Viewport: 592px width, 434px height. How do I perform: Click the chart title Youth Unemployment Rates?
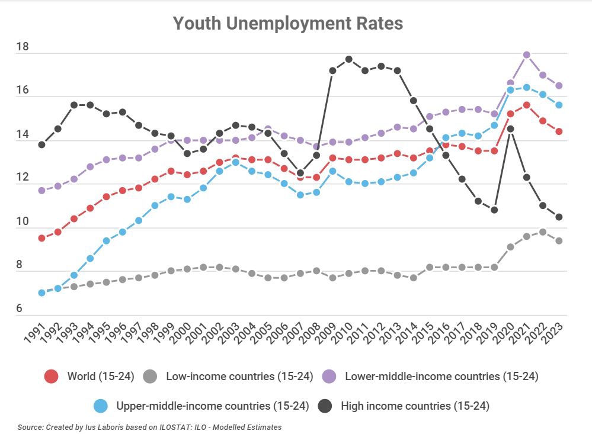pyautogui.click(x=288, y=24)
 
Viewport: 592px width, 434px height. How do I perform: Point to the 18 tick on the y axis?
pyautogui.click(x=23, y=47)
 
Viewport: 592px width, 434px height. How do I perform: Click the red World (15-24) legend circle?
pyautogui.click(x=52, y=376)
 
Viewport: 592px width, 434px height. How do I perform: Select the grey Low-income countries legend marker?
pyautogui.click(x=151, y=376)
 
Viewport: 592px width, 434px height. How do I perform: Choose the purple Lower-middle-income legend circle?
pyautogui.click(x=329, y=376)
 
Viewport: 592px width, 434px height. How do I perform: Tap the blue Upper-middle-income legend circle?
pyautogui.click(x=101, y=406)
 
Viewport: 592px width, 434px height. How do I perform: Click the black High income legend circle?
pyautogui.click(x=324, y=406)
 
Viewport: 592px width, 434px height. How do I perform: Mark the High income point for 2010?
pyautogui.click(x=348, y=59)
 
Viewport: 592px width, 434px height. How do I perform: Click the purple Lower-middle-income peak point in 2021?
pyautogui.click(x=526, y=54)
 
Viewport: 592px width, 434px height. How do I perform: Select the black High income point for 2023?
pyautogui.click(x=559, y=217)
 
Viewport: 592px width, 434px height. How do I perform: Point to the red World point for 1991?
pyautogui.click(x=41, y=238)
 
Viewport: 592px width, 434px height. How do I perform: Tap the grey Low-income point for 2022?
pyautogui.click(x=542, y=232)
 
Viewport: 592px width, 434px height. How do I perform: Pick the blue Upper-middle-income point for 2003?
pyautogui.click(x=235, y=162)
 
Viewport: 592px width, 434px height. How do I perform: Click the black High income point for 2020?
pyautogui.click(x=510, y=128)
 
